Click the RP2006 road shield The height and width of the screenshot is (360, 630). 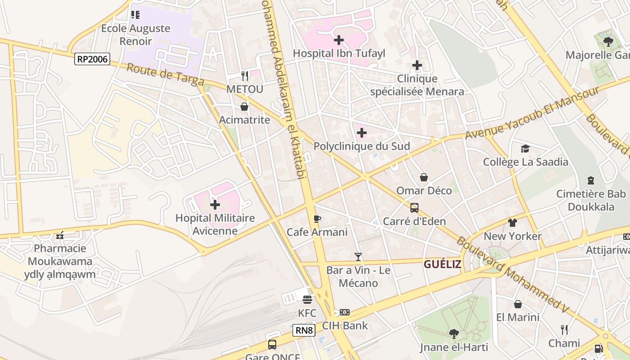coord(92,58)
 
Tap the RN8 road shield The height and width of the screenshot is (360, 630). coord(304,330)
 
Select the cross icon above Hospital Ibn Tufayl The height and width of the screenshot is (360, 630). coord(339,40)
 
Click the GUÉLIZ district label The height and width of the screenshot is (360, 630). coord(442,264)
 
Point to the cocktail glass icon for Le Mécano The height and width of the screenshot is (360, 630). coord(358,257)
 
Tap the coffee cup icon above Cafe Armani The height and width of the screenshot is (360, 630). coord(317,219)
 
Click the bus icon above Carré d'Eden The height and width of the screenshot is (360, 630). coord(414,208)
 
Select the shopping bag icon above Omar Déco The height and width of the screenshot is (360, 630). coord(424,177)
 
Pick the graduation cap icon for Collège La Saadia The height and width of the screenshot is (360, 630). coord(525,148)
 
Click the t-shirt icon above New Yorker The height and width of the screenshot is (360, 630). coord(513,222)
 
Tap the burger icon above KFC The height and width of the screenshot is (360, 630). coord(307,300)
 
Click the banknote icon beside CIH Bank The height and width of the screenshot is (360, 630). coord(345,312)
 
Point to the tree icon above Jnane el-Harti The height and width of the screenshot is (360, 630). coord(454,333)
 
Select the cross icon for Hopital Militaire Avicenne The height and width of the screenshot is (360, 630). coord(215,205)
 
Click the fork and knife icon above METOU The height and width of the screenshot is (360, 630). coord(244,76)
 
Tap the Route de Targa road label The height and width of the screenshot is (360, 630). coord(165,75)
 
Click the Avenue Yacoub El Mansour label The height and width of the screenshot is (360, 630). coord(532,112)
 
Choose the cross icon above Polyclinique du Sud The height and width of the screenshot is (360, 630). coord(361,133)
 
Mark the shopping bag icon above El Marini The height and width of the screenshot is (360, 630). coord(518,304)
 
